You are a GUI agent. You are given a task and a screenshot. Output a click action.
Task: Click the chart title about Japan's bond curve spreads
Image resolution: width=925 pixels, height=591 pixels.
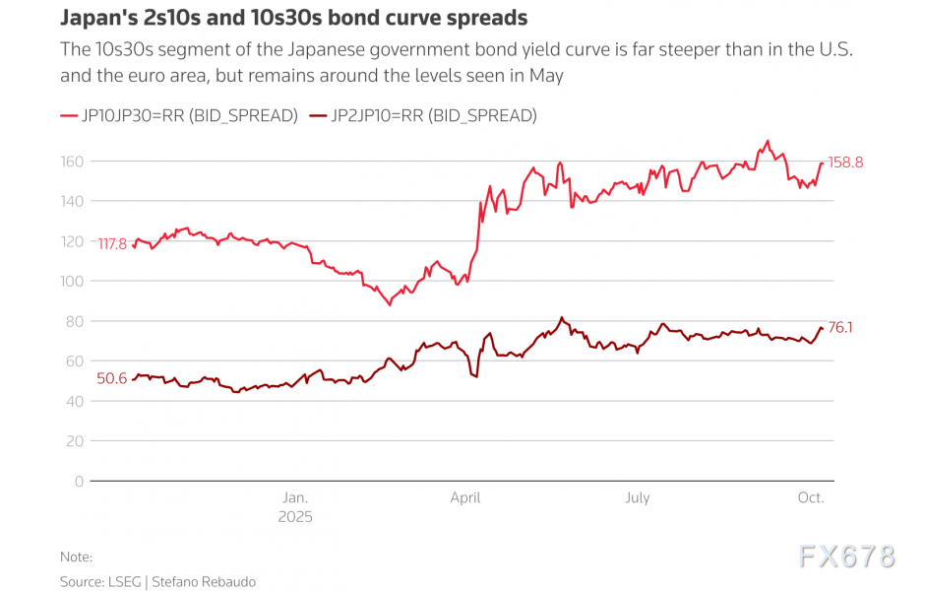point(294,18)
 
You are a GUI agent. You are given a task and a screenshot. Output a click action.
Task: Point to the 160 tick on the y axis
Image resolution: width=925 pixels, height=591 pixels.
point(73,161)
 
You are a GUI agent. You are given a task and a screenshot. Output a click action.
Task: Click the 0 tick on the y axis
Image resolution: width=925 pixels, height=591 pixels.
point(79,481)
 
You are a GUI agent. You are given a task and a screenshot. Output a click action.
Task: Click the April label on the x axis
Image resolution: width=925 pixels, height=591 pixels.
point(465,497)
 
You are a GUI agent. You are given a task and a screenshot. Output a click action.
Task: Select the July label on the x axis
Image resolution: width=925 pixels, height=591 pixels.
point(637,497)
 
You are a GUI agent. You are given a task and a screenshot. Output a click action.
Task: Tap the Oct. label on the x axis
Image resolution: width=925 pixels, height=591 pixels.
point(810,497)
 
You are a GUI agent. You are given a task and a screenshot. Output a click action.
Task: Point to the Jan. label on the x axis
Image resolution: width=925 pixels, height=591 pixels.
point(295,497)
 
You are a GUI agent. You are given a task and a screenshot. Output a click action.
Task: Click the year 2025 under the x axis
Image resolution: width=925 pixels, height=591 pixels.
point(295,516)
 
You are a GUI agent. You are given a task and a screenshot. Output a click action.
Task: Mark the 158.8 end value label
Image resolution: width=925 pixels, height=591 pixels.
point(845,163)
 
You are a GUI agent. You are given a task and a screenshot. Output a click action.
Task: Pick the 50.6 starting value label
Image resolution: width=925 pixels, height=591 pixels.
point(111,378)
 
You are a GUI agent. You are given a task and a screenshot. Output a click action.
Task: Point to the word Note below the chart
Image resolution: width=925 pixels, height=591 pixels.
point(76,557)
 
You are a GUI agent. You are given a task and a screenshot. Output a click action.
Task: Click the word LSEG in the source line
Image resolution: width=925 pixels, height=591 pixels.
point(126,582)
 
